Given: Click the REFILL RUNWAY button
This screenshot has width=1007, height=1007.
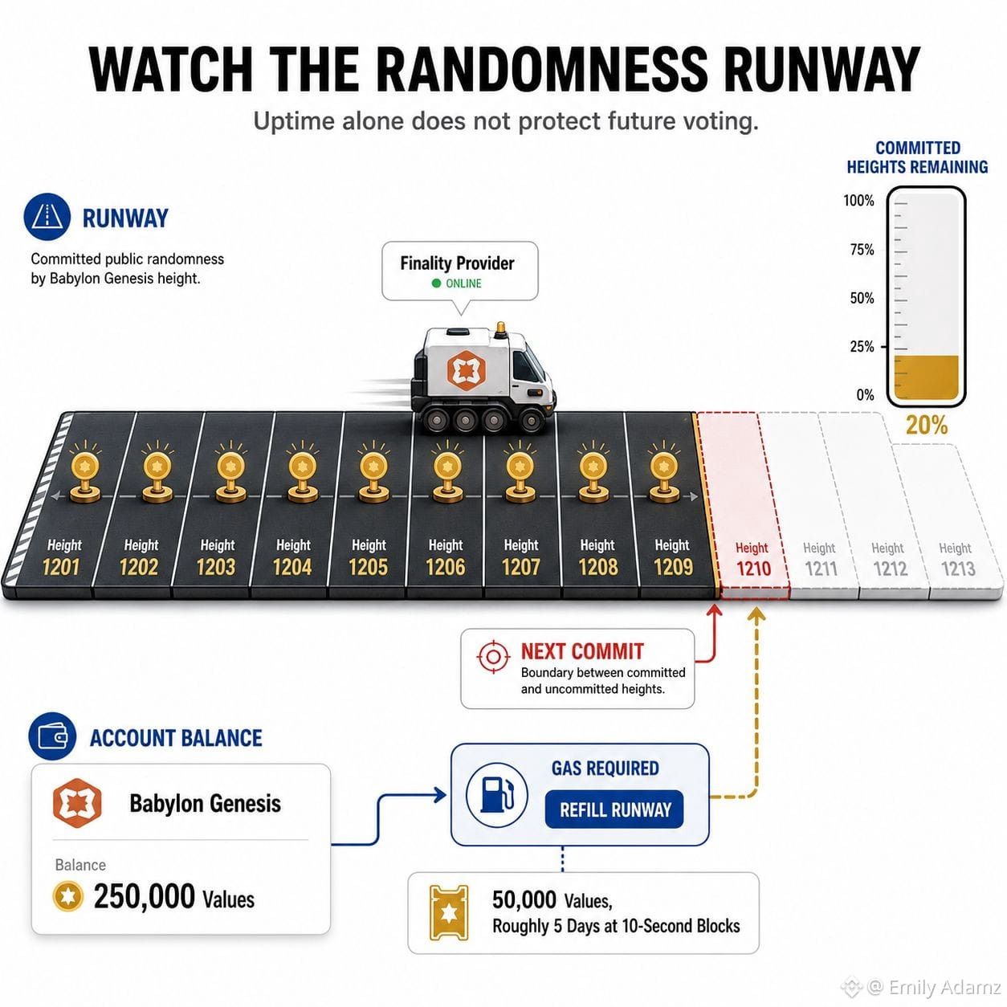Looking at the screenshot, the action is (x=614, y=809).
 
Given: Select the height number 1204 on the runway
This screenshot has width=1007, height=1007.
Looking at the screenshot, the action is (x=292, y=567).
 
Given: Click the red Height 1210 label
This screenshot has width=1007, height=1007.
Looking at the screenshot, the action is (x=753, y=560).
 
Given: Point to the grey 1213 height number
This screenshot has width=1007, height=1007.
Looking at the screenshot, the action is (x=958, y=569).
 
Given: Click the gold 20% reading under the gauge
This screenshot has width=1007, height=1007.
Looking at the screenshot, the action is (x=927, y=426).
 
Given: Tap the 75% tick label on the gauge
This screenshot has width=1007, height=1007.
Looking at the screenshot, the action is (x=862, y=249).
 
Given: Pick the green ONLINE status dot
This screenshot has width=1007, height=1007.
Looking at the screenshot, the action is (x=436, y=283).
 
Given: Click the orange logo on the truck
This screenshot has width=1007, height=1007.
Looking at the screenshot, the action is (x=466, y=370).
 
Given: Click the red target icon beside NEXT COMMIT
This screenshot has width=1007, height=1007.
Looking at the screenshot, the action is (x=493, y=656).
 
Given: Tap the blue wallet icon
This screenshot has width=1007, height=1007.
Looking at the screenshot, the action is (x=52, y=736).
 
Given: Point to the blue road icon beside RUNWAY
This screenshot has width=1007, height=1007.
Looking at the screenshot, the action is (x=47, y=217).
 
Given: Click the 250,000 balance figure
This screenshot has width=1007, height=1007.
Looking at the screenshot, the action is (x=145, y=897).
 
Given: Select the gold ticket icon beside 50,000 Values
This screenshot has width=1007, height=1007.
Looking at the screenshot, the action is (x=448, y=913).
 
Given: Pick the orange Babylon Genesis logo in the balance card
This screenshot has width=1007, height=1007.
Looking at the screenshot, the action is (x=77, y=803).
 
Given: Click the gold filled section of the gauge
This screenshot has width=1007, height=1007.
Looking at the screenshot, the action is (x=926, y=377).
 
